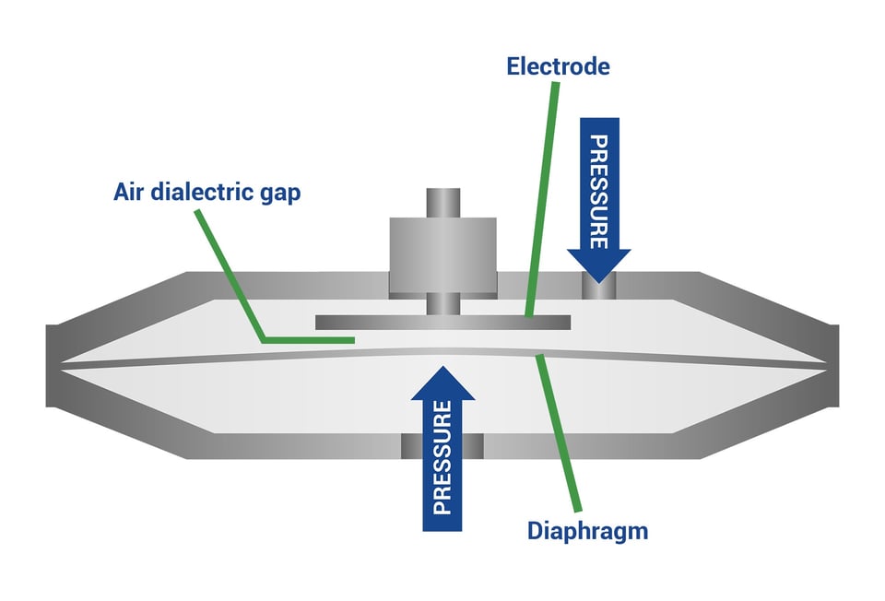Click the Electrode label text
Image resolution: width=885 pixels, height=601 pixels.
coord(558,66)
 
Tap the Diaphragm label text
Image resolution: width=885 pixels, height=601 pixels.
coord(587,531)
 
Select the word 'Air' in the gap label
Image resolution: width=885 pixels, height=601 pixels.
coord(129,194)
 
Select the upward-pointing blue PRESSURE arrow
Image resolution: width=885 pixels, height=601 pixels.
coord(442,452)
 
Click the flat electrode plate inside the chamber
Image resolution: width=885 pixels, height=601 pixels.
coord(442,323)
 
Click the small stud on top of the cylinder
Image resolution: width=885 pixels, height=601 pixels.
coord(442,203)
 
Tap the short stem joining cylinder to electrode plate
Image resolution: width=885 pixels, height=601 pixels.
coord(442,303)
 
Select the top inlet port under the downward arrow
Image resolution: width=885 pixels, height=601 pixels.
coord(598,288)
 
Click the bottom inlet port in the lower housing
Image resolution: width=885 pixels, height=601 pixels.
coord(442,447)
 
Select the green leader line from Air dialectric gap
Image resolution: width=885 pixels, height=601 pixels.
coord(230,277)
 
